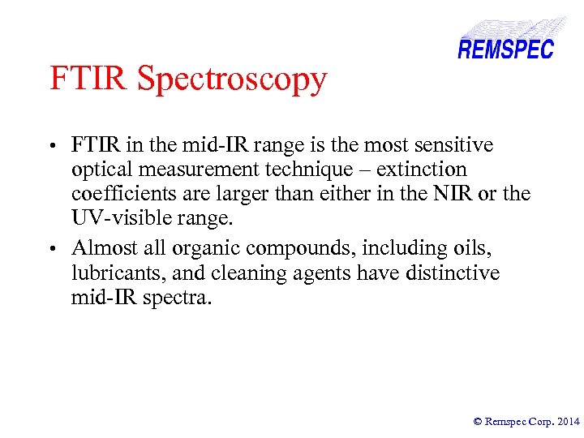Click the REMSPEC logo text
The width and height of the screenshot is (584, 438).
click(x=505, y=49)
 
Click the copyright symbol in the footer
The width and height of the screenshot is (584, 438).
click(x=478, y=421)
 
